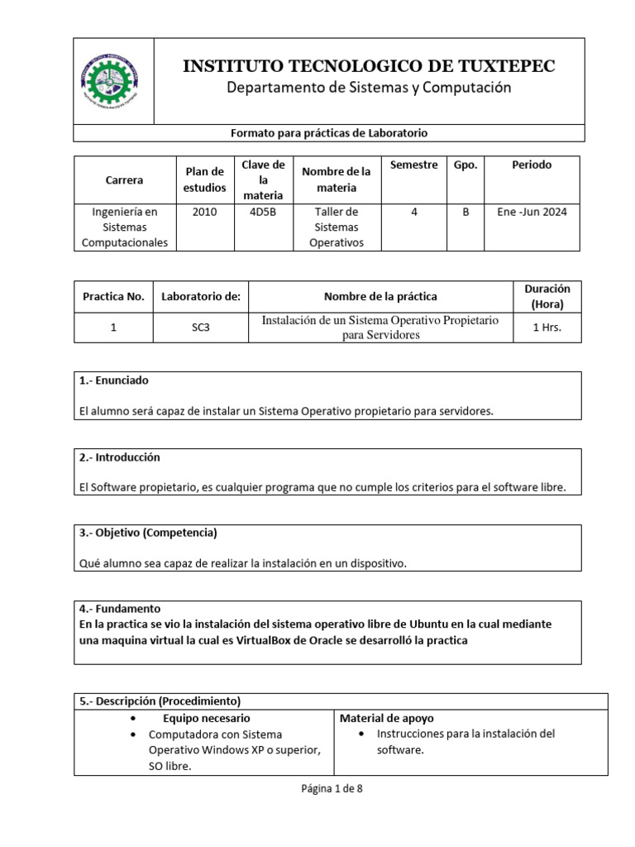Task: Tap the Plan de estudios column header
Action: pyautogui.click(x=204, y=179)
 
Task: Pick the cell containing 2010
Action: pyautogui.click(x=204, y=212)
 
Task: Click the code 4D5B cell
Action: pyautogui.click(x=263, y=212)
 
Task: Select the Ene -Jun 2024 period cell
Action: pyautogui.click(x=532, y=212)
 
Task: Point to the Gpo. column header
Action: pyautogui.click(x=466, y=165)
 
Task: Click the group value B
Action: pyautogui.click(x=466, y=212)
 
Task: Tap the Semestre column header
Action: pyautogui.click(x=413, y=165)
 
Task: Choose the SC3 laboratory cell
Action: pyautogui.click(x=201, y=328)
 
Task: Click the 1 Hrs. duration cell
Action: pyautogui.click(x=547, y=328)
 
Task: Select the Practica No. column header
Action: pyautogui.click(x=113, y=296)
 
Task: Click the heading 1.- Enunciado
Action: pyautogui.click(x=114, y=380)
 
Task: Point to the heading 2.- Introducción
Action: pyautogui.click(x=120, y=457)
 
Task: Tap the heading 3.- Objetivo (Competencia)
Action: pyautogui.click(x=148, y=533)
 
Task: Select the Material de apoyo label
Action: pyautogui.click(x=386, y=718)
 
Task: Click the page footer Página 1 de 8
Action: pyautogui.click(x=331, y=788)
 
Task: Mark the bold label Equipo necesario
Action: pyautogui.click(x=206, y=718)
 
